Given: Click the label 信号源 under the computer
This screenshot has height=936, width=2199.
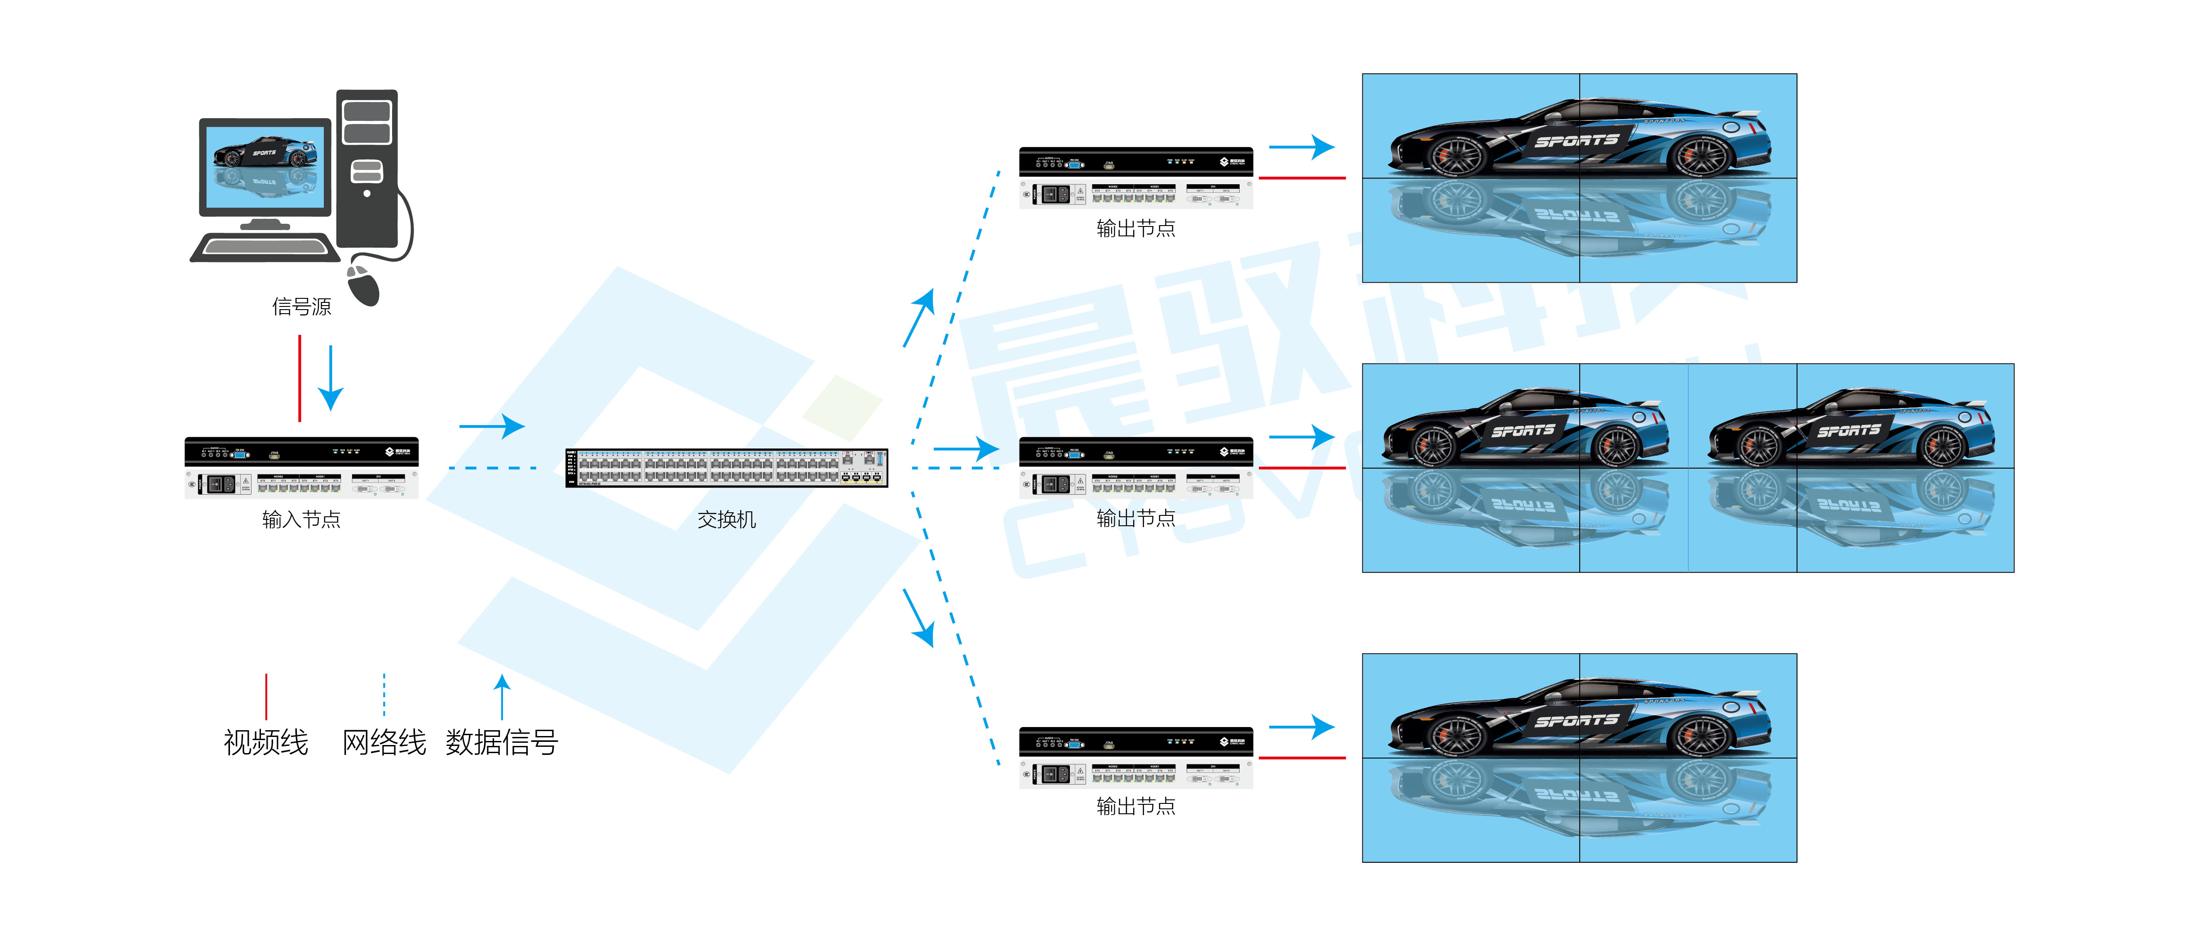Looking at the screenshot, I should tap(301, 306).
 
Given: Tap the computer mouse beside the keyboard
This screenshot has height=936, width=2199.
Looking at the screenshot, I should tap(364, 284).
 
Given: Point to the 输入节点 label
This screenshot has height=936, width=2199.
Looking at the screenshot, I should tap(301, 519).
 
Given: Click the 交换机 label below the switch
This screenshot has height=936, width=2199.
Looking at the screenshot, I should tap(726, 519).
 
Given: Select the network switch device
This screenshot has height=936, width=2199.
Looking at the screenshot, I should tap(726, 468).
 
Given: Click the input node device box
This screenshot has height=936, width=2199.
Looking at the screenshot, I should tap(301, 468).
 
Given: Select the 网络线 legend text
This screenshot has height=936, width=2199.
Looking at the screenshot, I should tap(384, 742).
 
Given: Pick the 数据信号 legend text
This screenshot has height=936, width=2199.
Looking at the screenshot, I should tap(502, 742).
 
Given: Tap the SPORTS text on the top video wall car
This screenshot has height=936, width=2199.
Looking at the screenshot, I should tap(1576, 141).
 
